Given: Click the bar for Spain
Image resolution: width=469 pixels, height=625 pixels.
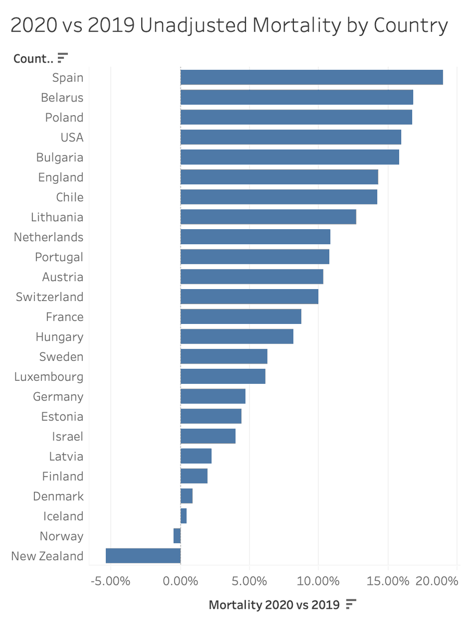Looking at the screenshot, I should [312, 77].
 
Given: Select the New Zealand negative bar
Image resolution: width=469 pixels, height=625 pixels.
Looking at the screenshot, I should [143, 556].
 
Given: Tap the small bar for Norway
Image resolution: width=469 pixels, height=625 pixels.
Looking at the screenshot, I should [177, 536].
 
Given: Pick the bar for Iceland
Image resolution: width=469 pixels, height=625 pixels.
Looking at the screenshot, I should [183, 516].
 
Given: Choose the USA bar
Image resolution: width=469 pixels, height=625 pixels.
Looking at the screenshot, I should [291, 137].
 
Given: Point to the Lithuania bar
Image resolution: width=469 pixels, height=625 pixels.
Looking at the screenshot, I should [268, 217].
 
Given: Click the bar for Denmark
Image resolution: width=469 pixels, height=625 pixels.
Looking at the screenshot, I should [187, 496].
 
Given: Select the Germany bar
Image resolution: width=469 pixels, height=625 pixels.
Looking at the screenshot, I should [213, 396].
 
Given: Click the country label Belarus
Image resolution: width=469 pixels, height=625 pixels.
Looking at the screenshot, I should [62, 97].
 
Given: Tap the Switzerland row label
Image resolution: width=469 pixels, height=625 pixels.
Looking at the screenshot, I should [50, 297].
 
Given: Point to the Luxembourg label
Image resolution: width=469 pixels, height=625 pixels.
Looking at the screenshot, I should [48, 377].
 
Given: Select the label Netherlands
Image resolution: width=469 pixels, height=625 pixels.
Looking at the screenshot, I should [48, 237].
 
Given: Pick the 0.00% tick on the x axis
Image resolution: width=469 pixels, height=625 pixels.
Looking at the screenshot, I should [180, 581].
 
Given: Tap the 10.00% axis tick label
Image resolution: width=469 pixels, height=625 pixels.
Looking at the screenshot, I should [318, 581].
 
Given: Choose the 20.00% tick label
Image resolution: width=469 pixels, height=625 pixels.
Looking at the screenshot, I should [437, 581].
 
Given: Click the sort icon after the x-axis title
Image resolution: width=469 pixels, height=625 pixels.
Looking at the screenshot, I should [351, 604].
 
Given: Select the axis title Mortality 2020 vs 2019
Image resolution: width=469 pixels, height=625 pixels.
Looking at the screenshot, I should [274, 605].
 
